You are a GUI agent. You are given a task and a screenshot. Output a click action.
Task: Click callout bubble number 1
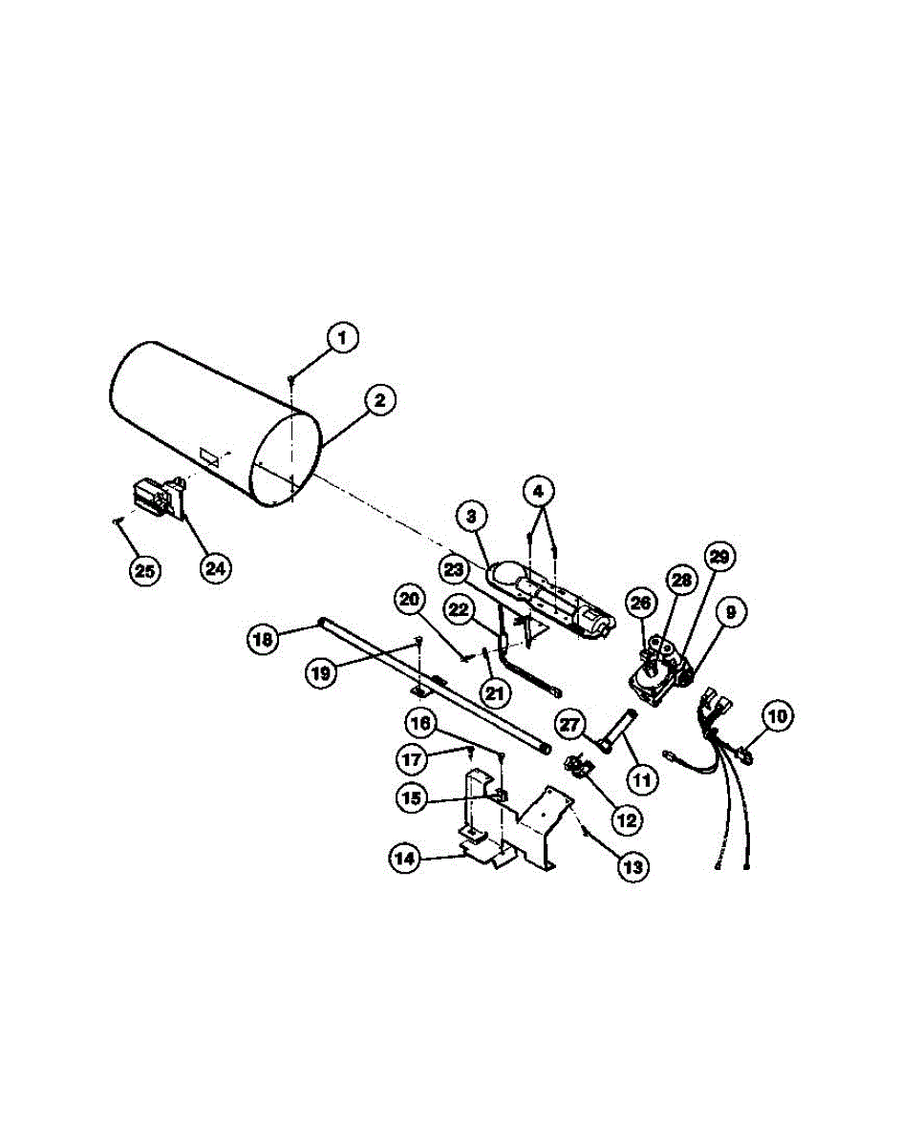tap(343, 337)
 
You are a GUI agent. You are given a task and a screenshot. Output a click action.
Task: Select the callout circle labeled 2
tap(379, 401)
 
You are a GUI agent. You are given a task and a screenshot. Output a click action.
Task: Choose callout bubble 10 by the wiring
tap(777, 713)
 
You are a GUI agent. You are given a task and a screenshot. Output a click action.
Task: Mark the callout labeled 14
tap(405, 859)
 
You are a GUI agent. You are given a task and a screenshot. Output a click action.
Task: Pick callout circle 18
tap(264, 637)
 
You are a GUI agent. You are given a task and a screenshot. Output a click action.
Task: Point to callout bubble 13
tap(632, 866)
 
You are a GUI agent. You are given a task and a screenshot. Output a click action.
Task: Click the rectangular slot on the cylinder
tap(209, 457)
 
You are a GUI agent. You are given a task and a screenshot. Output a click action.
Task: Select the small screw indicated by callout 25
tap(117, 521)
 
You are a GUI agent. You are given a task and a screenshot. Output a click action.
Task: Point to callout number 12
tap(629, 818)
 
